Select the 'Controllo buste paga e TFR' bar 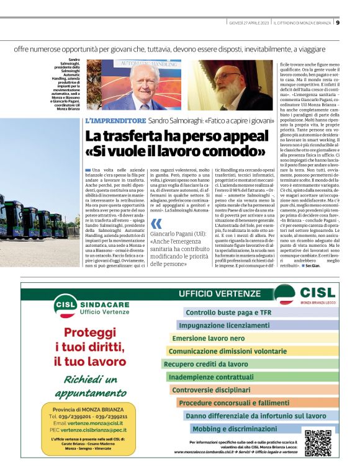[x=229, y=313]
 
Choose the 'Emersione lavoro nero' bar [x=208, y=339]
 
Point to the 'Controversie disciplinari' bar [x=211, y=390]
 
